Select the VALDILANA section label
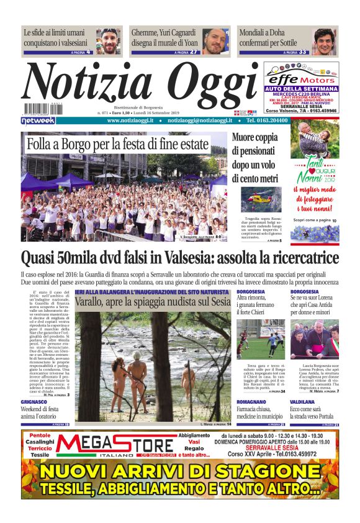coord(304,402)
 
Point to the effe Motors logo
coord(301,80)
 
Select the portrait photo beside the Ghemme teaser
coord(215,41)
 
